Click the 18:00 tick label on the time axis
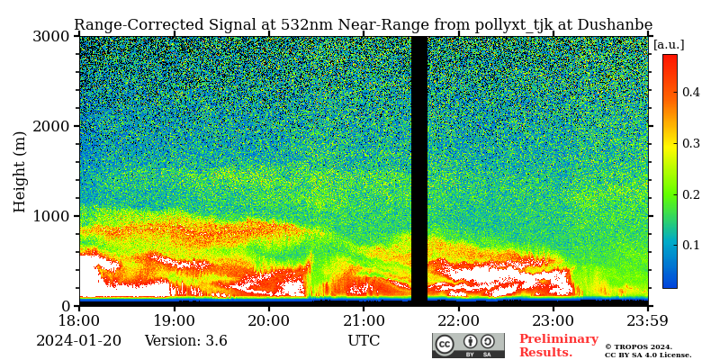click(79, 320)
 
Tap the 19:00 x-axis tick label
click(174, 320)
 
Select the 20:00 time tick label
click(268, 320)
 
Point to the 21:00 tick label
click(364, 320)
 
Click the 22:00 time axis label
click(458, 320)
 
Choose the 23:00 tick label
click(553, 320)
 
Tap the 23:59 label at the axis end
click(648, 320)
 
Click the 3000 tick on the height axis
click(52, 36)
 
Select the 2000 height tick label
click(52, 126)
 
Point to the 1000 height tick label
click(52, 216)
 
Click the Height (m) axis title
click(20, 171)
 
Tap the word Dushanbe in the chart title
click(617, 25)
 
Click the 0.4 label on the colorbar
click(690, 92)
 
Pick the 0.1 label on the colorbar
click(690, 245)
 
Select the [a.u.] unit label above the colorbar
click(669, 45)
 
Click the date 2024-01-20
click(78, 341)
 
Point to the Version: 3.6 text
click(185, 341)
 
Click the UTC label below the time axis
click(364, 341)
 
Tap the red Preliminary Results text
click(558, 346)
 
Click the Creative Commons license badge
click(468, 346)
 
